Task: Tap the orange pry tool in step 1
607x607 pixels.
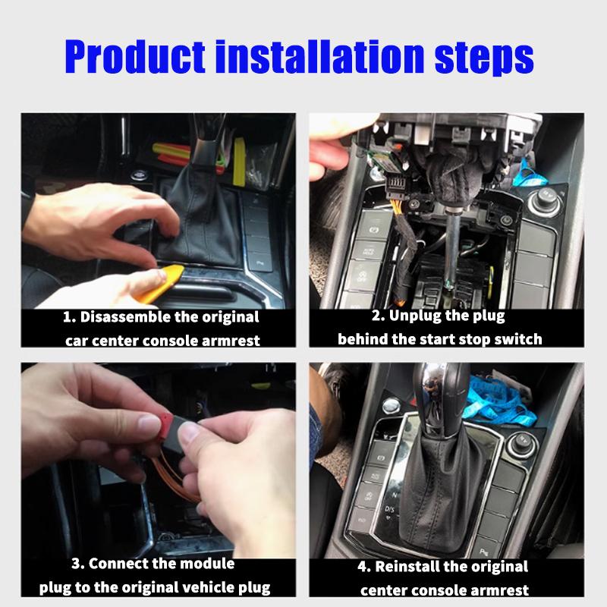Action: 171,278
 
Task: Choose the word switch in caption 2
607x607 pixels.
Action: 519,339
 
